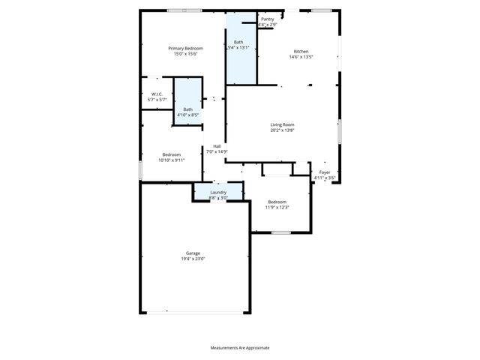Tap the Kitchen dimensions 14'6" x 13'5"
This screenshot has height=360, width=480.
click(300, 57)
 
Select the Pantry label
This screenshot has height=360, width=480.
click(268, 19)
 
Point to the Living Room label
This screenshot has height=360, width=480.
click(282, 124)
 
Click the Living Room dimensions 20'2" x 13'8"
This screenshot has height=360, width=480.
click(282, 130)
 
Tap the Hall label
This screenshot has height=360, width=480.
click(217, 146)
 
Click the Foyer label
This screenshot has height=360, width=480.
click(325, 172)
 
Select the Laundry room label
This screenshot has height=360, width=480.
click(218, 193)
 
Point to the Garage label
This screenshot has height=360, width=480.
click(193, 253)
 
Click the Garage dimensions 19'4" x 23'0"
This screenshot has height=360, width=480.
click(193, 259)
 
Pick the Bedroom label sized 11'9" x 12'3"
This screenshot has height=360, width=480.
click(277, 202)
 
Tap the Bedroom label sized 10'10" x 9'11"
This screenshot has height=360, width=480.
click(172, 154)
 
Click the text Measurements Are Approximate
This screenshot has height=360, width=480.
click(239, 348)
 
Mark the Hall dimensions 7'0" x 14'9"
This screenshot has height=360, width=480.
click(217, 151)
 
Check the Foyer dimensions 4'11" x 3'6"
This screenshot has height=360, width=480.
click(325, 178)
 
